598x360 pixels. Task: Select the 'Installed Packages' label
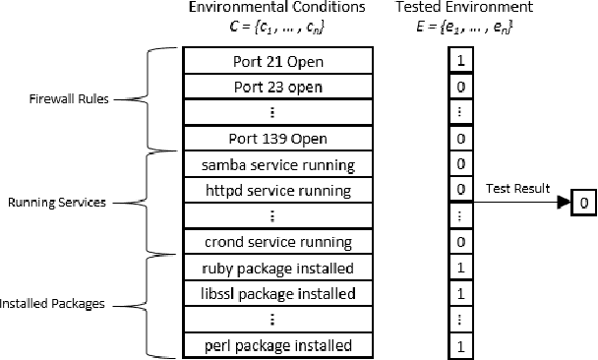pos(52,305)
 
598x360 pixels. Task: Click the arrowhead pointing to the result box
pos(564,203)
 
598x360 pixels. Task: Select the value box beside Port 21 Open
pos(460,61)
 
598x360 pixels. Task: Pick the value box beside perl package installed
pos(460,345)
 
